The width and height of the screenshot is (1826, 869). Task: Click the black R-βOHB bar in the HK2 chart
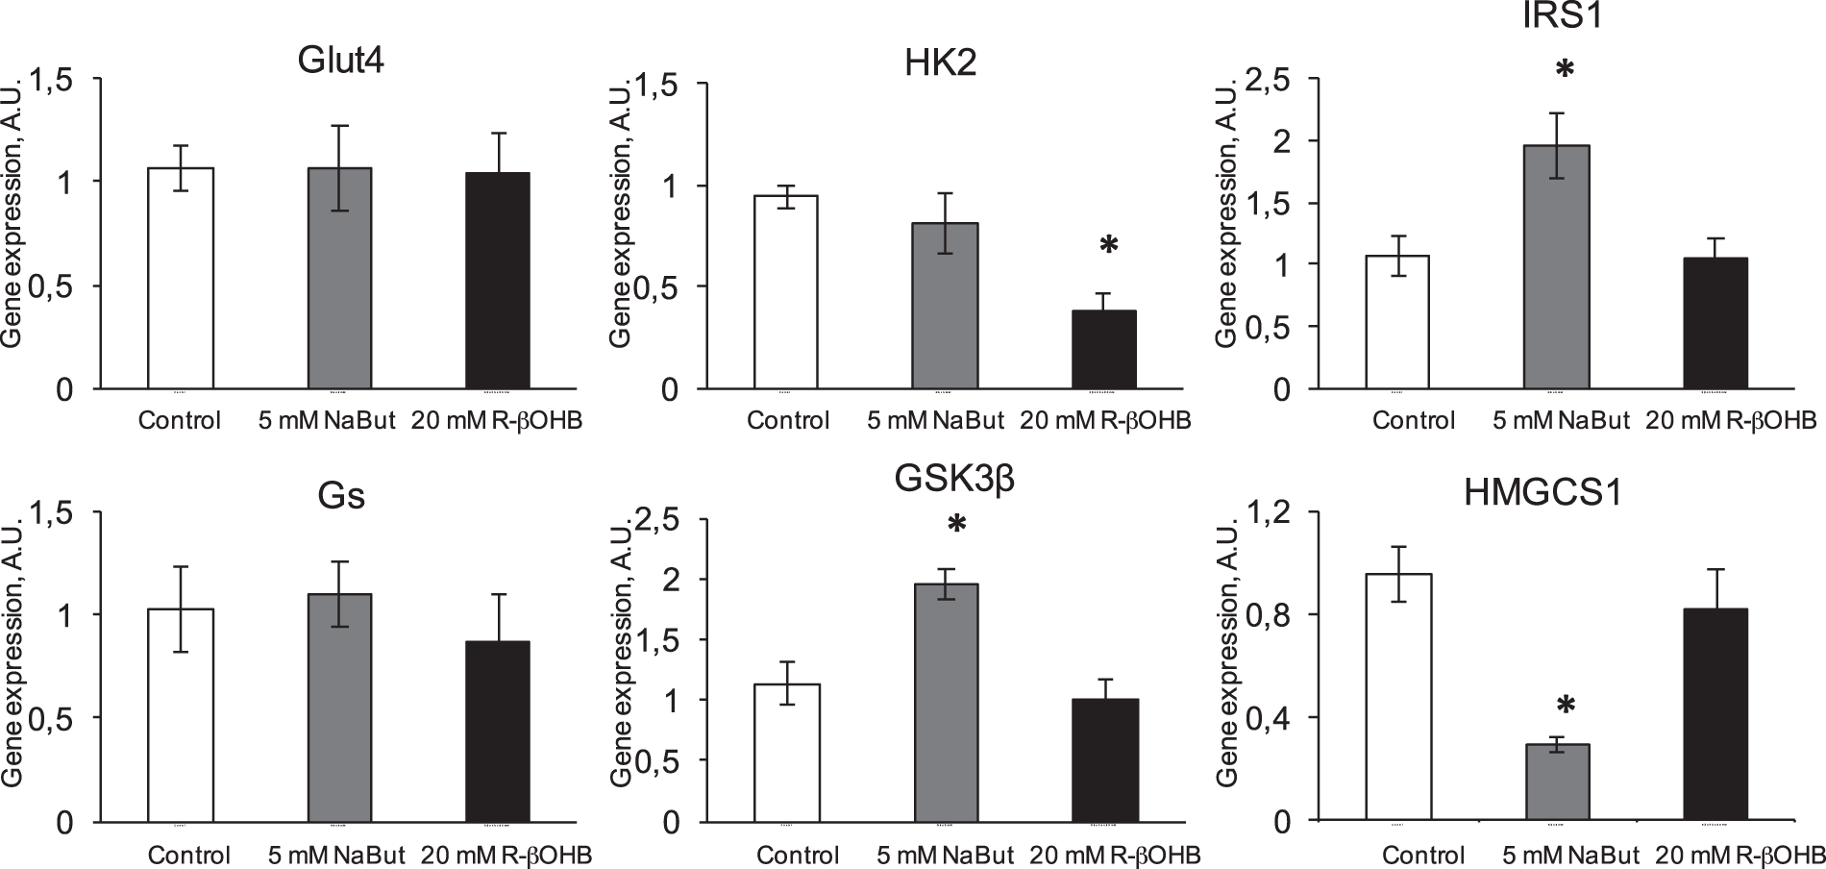pyautogui.click(x=1104, y=350)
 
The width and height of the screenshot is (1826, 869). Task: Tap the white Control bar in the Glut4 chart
pyautogui.click(x=181, y=279)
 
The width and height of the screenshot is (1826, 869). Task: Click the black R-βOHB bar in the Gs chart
pyautogui.click(x=497, y=732)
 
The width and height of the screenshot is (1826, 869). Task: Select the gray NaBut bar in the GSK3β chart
pyautogui.click(x=946, y=703)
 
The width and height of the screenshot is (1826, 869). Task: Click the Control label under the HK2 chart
pyautogui.click(x=787, y=421)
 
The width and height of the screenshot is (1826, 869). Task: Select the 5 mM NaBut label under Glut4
pyautogui.click(x=327, y=421)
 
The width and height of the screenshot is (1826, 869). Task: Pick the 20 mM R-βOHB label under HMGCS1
pyautogui.click(x=1741, y=855)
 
